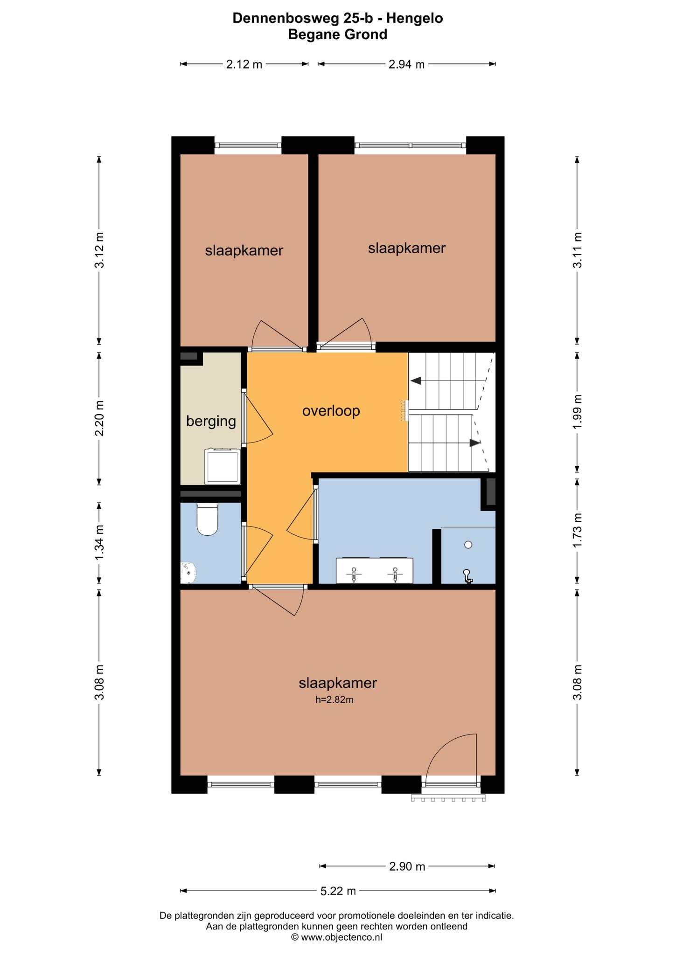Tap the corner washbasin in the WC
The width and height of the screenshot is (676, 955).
tap(188, 573)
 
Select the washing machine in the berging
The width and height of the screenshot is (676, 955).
tap(223, 466)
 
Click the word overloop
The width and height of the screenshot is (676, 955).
tap(331, 411)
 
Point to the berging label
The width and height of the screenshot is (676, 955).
tap(211, 422)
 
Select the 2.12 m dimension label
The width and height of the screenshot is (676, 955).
tap(244, 64)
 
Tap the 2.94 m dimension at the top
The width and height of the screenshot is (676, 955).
tap(406, 64)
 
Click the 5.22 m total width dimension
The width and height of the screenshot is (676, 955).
tap(338, 891)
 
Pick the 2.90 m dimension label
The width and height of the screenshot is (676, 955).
tap(407, 866)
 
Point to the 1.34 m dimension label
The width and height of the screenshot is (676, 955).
tap(99, 544)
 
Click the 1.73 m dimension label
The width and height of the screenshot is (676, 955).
tap(577, 531)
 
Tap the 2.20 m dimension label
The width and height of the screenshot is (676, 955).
tap(99, 418)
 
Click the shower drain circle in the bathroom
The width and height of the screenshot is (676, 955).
tap(468, 545)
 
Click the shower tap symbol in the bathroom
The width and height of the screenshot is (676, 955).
tap(467, 576)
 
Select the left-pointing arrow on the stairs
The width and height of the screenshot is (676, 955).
tap(416, 381)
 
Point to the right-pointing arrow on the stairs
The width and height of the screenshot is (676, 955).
tap(475, 443)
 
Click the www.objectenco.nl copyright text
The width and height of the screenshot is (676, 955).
tap(336, 937)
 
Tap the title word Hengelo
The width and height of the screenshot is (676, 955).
tap(415, 19)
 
